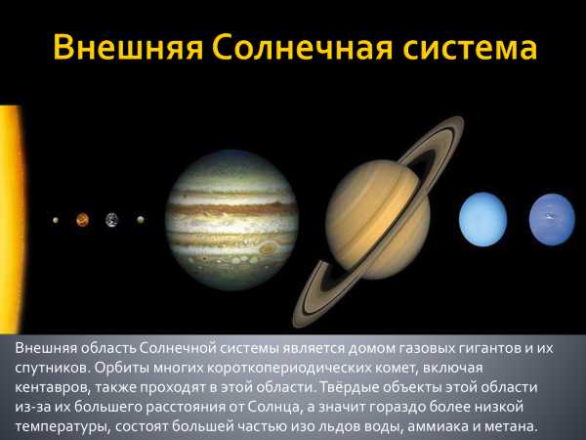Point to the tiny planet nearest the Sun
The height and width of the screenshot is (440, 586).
[x=56, y=220]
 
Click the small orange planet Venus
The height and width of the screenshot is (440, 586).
[x=83, y=219]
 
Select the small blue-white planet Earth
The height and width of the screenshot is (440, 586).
[x=111, y=219]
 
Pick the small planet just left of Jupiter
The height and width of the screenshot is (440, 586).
[x=141, y=220]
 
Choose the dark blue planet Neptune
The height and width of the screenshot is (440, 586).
[x=552, y=219]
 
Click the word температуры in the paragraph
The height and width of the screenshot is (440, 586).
[x=63, y=426]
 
